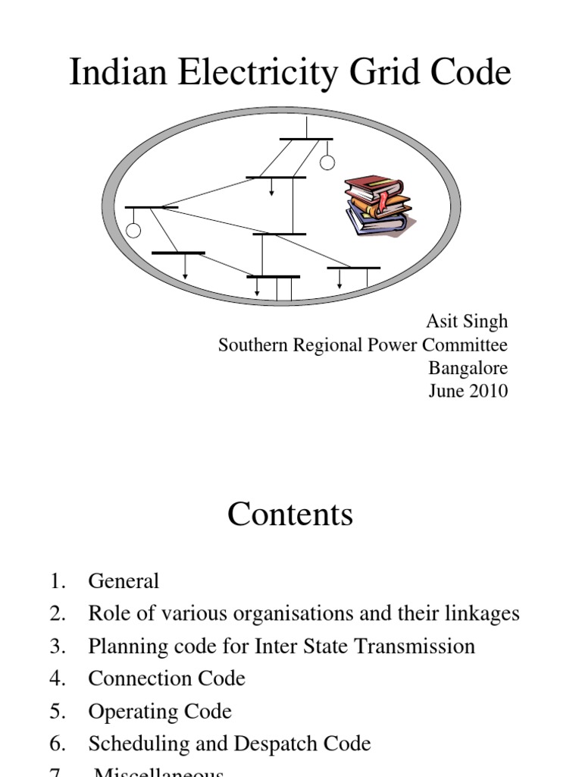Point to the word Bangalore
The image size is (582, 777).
[x=468, y=369]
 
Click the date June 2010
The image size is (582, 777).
[x=478, y=392]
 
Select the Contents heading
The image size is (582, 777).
[x=290, y=515]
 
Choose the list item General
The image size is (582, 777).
[x=124, y=582]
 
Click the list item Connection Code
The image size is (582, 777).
[x=167, y=678]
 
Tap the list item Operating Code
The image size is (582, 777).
[x=160, y=712]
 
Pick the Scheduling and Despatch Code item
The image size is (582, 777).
[x=230, y=744]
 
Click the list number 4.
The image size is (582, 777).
[x=57, y=678]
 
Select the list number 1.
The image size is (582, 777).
[x=57, y=582]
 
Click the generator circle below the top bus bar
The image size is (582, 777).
[x=327, y=162]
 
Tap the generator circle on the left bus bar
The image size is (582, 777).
[x=133, y=231]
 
